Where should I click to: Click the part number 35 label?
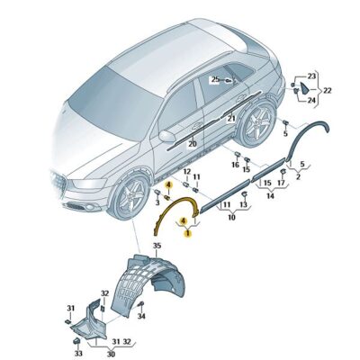[157, 246]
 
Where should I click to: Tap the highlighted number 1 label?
[188, 232]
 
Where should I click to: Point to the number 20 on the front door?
[193, 144]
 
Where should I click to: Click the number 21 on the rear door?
[231, 119]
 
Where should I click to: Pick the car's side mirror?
[167, 136]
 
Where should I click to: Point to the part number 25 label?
[215, 79]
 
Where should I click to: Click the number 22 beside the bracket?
[327, 90]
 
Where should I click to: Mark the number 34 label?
[141, 316]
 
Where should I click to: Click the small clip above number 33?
[76, 341]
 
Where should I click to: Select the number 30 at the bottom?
[111, 355]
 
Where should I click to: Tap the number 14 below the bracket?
[270, 196]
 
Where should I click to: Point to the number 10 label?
[231, 217]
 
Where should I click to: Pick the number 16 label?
[236, 165]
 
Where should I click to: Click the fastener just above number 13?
[244, 194]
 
